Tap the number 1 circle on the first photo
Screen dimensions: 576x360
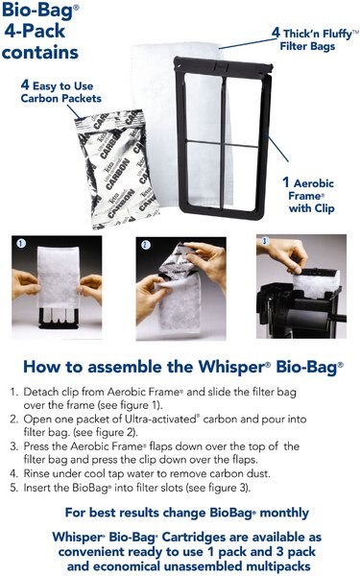pyautogui.click(x=20, y=244)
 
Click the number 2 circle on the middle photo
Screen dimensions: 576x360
pyautogui.click(x=145, y=244)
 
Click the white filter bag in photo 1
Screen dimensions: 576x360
pyautogui.click(x=58, y=283)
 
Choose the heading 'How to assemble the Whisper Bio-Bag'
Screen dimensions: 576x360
pyautogui.click(x=180, y=367)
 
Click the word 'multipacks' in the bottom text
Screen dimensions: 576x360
pyautogui.click(x=298, y=560)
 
